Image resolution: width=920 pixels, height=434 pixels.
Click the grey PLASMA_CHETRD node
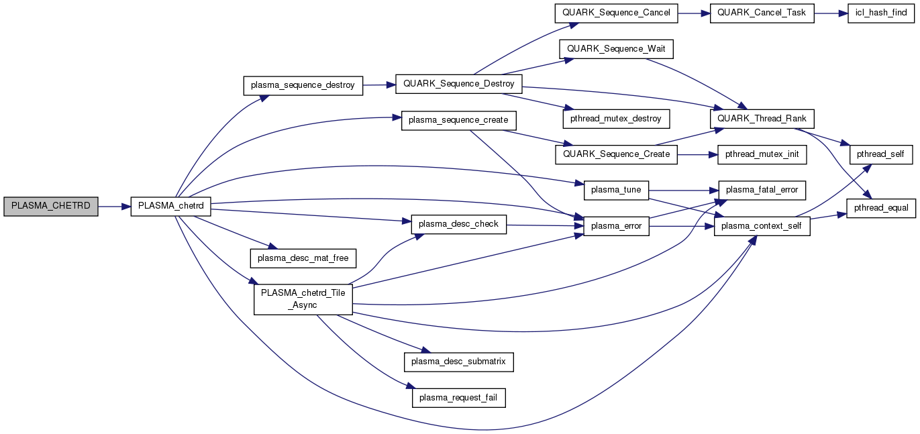(51, 207)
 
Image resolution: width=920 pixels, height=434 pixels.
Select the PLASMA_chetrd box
(171, 207)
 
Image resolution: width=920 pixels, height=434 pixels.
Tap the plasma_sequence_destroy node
(303, 85)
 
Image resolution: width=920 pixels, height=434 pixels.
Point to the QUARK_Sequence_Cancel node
(617, 13)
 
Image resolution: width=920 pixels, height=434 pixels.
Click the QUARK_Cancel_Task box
(762, 13)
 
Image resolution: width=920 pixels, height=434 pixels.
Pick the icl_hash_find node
(881, 13)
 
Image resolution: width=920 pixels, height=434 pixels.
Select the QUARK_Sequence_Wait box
(617, 49)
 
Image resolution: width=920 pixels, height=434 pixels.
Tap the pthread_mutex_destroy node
(617, 119)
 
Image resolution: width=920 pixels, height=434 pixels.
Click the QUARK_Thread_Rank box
(762, 119)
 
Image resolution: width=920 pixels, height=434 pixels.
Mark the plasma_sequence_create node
(459, 121)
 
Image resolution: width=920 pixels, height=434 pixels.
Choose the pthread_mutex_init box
(762, 154)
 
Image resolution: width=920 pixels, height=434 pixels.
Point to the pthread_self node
(881, 154)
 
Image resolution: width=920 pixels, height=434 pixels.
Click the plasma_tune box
(617, 190)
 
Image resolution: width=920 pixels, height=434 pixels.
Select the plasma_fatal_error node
(762, 190)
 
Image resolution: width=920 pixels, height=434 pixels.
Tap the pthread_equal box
(881, 208)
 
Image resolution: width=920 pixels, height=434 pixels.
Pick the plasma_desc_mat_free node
(303, 257)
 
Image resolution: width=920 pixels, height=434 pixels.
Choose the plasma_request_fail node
(459, 398)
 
